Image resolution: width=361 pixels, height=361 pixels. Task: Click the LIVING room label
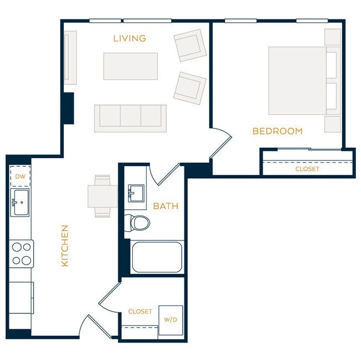point(129,38)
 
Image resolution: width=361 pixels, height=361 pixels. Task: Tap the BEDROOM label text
point(277,131)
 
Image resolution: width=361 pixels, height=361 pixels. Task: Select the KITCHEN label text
point(64,245)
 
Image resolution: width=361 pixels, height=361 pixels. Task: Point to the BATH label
point(166,206)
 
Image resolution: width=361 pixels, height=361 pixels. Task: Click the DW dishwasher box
point(21,177)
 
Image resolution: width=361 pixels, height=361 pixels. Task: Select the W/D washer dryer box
point(171,320)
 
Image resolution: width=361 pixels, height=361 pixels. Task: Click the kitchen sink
point(21,202)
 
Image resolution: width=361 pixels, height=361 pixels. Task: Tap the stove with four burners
point(21,253)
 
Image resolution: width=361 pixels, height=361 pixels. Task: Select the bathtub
point(157,257)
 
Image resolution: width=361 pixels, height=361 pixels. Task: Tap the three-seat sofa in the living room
point(130,118)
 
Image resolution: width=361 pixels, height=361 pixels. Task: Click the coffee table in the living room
point(130,66)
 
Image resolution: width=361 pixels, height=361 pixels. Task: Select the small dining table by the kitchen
point(102,195)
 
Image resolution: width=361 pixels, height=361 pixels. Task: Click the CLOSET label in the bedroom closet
point(307,169)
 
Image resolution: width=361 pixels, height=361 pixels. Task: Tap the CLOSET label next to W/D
point(140,312)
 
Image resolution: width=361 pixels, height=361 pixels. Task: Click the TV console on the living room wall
point(70,57)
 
